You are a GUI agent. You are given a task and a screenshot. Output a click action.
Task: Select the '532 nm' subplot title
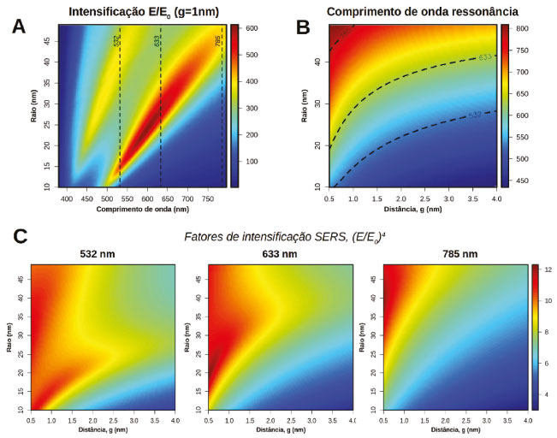pos(104,255)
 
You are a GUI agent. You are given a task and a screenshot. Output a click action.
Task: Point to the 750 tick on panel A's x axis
pos(210,198)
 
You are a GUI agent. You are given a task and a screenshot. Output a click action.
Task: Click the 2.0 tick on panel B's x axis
pos(412,198)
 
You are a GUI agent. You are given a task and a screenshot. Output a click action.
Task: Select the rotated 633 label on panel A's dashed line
pos(158,41)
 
